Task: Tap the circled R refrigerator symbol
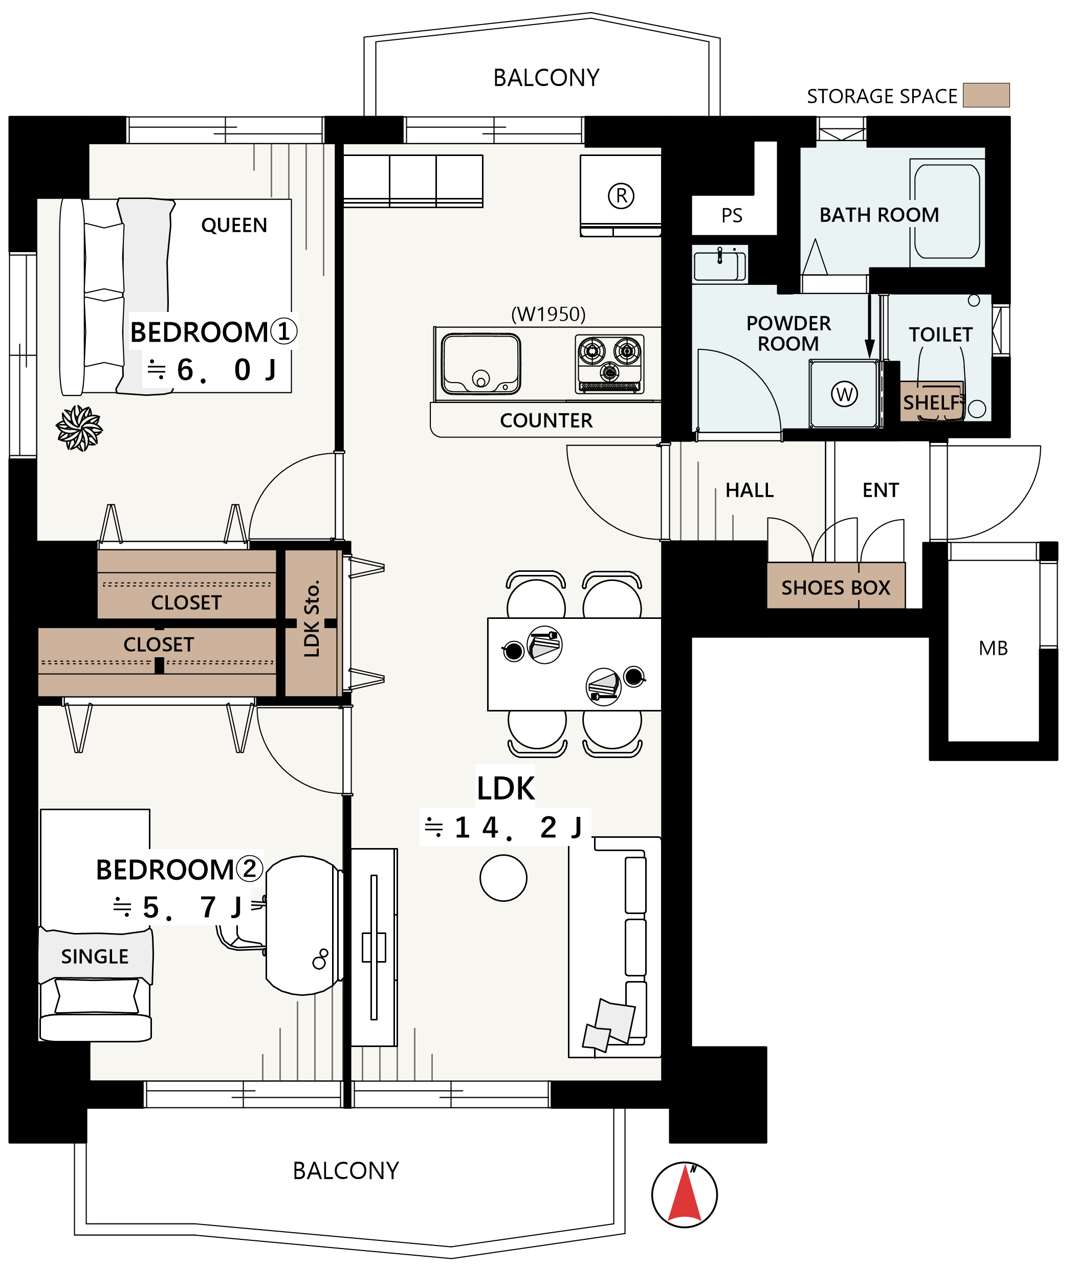pos(621,196)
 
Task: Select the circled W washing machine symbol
pos(844,394)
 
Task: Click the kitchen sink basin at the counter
pos(481,364)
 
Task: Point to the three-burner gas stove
pos(609,364)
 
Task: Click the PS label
pos(732,215)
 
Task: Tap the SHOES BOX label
pos(836,587)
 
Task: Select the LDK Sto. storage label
pos(312,619)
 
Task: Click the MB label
pos(993,648)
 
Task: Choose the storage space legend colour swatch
pos(986,95)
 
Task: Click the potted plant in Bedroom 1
pos(79,428)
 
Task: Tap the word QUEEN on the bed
pos(234,225)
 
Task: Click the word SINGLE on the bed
pos(95,956)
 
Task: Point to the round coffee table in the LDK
pos(503,878)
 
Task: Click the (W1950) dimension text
pos(548,314)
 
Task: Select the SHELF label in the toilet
pos(931,403)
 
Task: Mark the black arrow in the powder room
pos(870,327)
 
